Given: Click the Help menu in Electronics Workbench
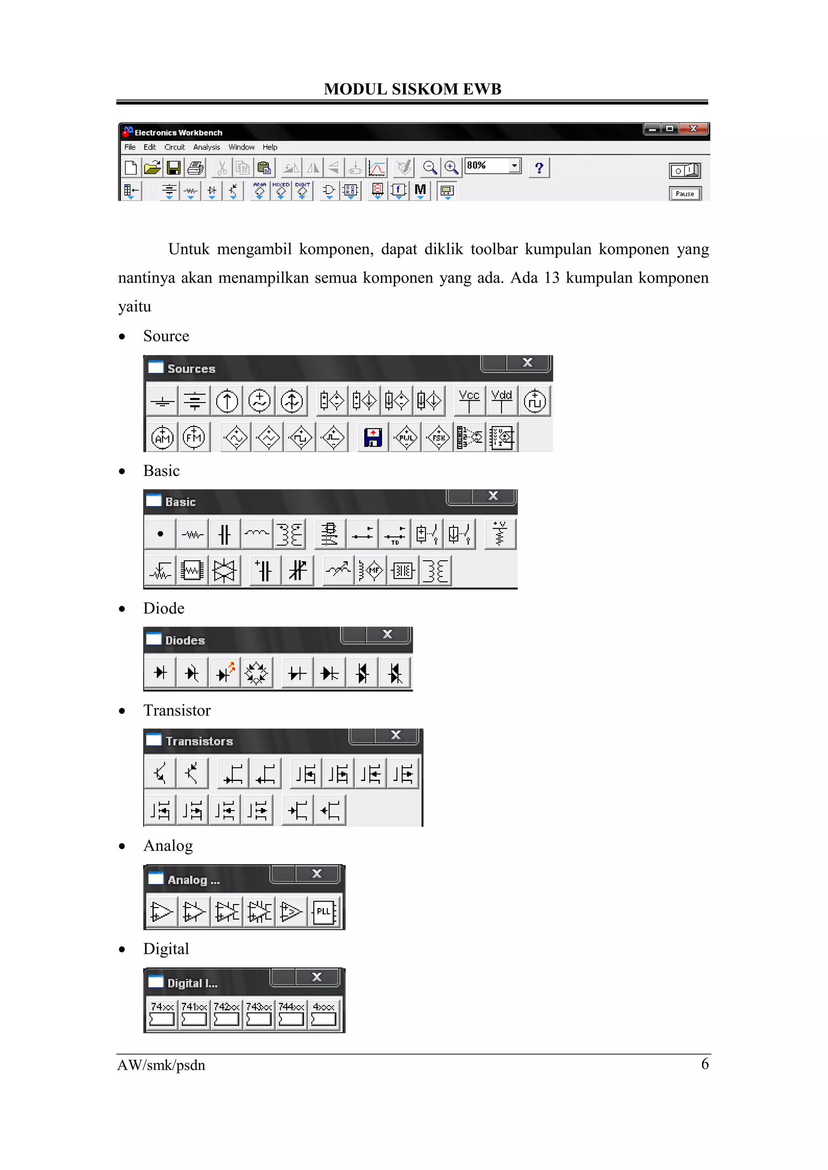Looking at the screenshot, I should [x=270, y=147].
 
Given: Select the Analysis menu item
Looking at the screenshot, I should [x=207, y=147].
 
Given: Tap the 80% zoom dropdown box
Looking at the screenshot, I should [x=492, y=166].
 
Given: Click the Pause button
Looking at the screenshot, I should [x=685, y=194].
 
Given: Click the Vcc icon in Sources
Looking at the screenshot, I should [x=469, y=400].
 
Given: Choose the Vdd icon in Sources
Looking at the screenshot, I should [x=502, y=400].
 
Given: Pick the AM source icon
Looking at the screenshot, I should [x=163, y=437].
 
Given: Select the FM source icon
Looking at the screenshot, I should [x=194, y=437].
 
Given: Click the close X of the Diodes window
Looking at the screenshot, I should [x=387, y=634].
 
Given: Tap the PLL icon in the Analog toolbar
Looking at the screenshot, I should [x=324, y=912].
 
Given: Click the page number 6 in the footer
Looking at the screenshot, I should [x=705, y=1064].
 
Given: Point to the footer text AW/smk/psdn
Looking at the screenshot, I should [x=161, y=1065].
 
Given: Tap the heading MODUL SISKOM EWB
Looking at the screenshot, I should [x=412, y=89].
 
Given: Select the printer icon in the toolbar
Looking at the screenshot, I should [x=196, y=168].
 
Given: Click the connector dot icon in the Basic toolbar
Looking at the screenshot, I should [x=161, y=534].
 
